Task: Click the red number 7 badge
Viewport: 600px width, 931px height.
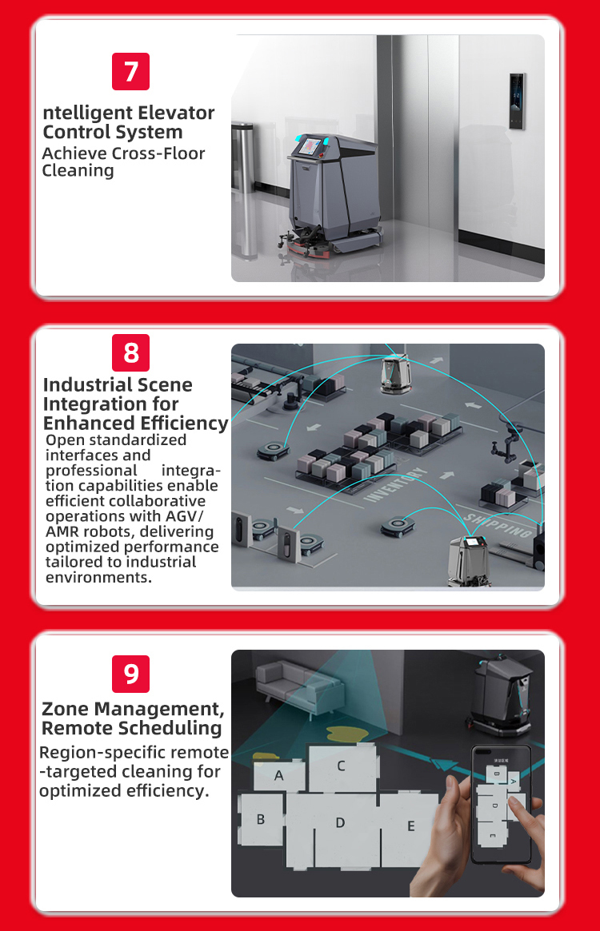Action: point(130,71)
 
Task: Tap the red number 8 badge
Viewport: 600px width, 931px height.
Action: point(130,352)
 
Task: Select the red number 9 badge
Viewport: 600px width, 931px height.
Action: point(130,674)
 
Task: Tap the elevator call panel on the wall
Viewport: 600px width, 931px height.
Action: point(517,101)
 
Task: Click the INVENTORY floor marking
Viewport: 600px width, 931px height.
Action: point(395,485)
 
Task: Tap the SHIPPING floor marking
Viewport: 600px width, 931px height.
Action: point(498,526)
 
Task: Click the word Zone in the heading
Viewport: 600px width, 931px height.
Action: point(66,709)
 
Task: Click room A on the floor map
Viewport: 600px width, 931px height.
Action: point(279,775)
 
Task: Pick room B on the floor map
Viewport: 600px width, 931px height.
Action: point(262,819)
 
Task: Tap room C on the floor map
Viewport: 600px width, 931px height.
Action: point(342,767)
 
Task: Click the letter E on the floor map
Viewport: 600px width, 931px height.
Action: point(411,826)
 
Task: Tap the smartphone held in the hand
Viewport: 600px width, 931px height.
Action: point(500,805)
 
